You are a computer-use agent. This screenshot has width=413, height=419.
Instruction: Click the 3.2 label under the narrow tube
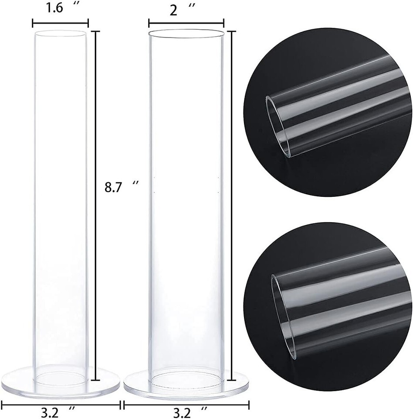(x=58, y=413)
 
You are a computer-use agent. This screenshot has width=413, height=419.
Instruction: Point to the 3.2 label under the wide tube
(x=190, y=413)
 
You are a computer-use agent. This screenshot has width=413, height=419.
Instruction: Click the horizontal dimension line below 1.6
(x=60, y=23)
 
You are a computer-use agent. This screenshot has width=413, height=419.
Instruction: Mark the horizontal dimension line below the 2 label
(x=186, y=24)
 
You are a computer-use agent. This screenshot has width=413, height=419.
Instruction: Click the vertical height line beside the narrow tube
(x=95, y=205)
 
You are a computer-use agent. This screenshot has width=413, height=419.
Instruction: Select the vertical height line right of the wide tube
(x=232, y=205)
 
